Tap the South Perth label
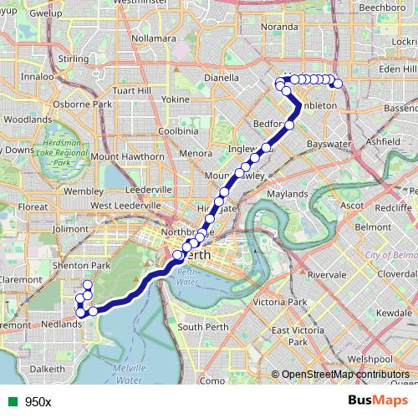tap(201, 326)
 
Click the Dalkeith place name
tap(48, 368)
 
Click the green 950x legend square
tap(10, 401)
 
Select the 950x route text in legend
tap(38, 401)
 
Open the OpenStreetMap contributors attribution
tap(344, 375)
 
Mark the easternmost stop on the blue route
tap(339, 84)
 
